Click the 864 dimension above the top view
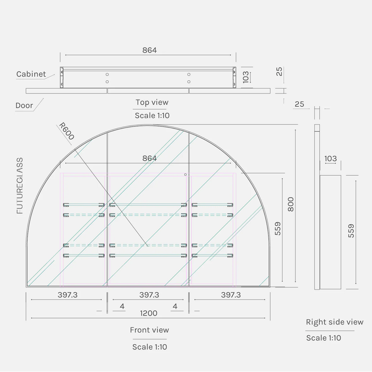pos(149,50)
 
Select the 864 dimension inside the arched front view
pos(149,158)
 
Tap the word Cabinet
pos(31,74)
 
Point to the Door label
pos(24,105)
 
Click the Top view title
pos(152,102)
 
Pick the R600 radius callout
pos(66,131)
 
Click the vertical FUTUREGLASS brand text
pos(20,186)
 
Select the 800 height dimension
pos(291,204)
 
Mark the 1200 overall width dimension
pos(148,313)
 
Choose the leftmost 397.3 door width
pos(67,295)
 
